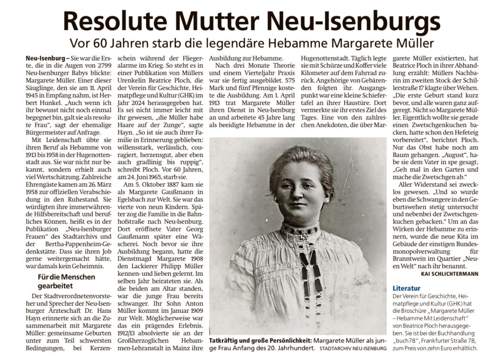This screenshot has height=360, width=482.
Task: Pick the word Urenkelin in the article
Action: (x=128, y=82)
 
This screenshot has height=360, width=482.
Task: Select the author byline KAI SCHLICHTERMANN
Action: (x=450, y=274)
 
